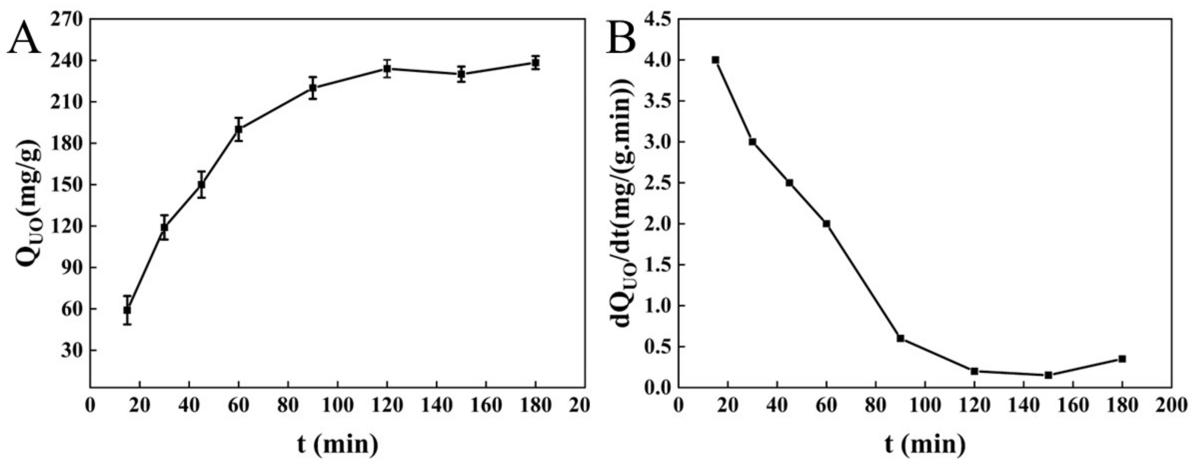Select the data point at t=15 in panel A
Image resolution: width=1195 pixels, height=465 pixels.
click(127, 310)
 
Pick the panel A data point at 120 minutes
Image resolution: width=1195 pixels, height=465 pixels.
click(387, 69)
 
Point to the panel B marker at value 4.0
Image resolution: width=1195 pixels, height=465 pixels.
click(715, 60)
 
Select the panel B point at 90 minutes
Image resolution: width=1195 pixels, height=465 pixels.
click(900, 338)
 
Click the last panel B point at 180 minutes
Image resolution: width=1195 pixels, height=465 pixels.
click(1122, 359)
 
